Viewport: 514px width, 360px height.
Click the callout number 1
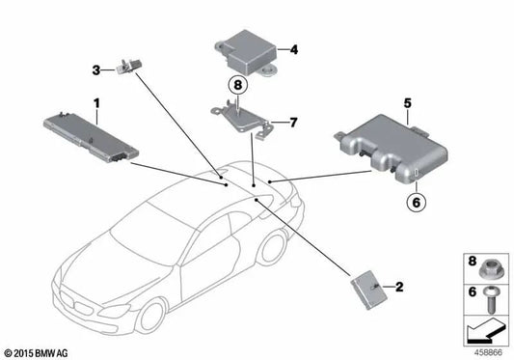point(95,102)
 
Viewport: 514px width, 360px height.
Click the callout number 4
point(293,47)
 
